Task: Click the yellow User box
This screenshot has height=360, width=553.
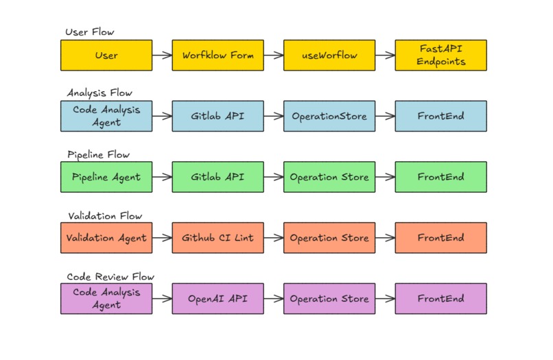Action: click(106, 55)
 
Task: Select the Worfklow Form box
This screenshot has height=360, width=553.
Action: click(217, 55)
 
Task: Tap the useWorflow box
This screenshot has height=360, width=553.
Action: click(329, 55)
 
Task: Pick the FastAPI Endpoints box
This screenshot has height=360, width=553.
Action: click(441, 55)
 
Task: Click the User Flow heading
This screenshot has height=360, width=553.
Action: click(90, 32)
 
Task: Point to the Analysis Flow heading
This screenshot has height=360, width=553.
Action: click(99, 93)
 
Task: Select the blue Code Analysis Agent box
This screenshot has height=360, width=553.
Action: click(106, 116)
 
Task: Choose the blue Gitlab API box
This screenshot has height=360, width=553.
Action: click(217, 116)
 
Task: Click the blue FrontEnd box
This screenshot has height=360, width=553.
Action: click(441, 116)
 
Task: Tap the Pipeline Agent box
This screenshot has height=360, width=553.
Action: click(106, 177)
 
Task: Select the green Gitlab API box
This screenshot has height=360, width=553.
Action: click(217, 177)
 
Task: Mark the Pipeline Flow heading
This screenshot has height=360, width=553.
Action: click(98, 154)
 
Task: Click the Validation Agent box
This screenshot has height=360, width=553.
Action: click(106, 238)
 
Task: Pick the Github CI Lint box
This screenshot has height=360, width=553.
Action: click(217, 238)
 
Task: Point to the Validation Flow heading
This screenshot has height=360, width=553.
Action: click(105, 215)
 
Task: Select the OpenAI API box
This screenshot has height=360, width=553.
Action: click(217, 299)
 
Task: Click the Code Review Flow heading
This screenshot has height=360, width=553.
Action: click(110, 276)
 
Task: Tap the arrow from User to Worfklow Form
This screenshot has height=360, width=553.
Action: click(162, 55)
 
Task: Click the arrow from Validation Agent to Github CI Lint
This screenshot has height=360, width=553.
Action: click(162, 238)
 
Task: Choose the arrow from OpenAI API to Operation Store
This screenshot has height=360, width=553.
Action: click(274, 299)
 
